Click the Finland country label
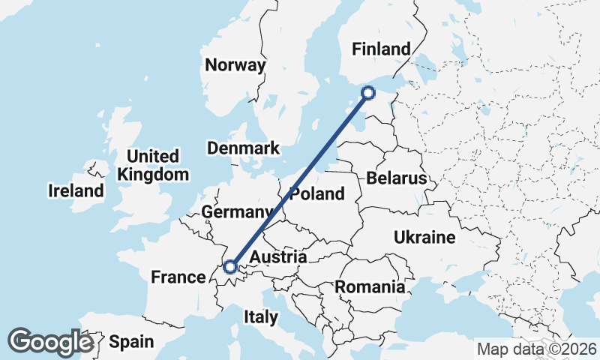pos(382,49)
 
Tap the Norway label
pos(235,65)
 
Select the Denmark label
pos(244,148)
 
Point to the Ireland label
pos(76,190)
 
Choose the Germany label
pos(236,212)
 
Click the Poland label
pos(317,194)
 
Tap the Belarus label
pos(397,178)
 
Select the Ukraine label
pos(424,238)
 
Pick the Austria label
pos(278,258)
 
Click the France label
pos(178,277)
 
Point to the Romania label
pos(370,286)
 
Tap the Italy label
pos(260,317)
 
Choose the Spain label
pos(131,342)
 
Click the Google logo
pos(50,342)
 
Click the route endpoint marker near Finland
pos(368,93)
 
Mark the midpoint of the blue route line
pos(299,179)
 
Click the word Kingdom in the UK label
pos(153,175)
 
